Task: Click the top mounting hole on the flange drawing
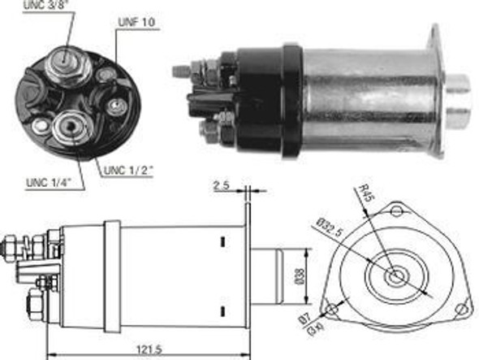[x=395, y=211]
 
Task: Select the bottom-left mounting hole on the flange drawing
[x=331, y=309]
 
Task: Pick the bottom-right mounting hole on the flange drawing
[x=461, y=309]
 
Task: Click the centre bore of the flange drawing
[x=395, y=276]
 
